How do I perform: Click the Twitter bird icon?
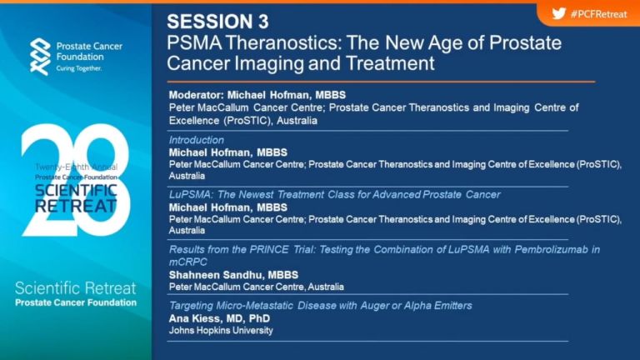pyautogui.click(x=559, y=14)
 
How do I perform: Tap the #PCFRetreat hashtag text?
pyautogui.click(x=599, y=14)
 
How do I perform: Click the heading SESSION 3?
pyautogui.click(x=218, y=22)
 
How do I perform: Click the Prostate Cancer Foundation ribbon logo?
pyautogui.click(x=40, y=57)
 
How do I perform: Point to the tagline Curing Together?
pyautogui.click(x=79, y=68)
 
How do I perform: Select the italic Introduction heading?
pyautogui.click(x=197, y=140)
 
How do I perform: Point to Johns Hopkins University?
pyautogui.click(x=221, y=331)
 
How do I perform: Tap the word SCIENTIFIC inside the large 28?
pyautogui.click(x=76, y=191)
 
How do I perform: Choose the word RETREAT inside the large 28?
pyautogui.click(x=76, y=206)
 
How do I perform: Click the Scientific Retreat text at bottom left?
pyautogui.click(x=76, y=288)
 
